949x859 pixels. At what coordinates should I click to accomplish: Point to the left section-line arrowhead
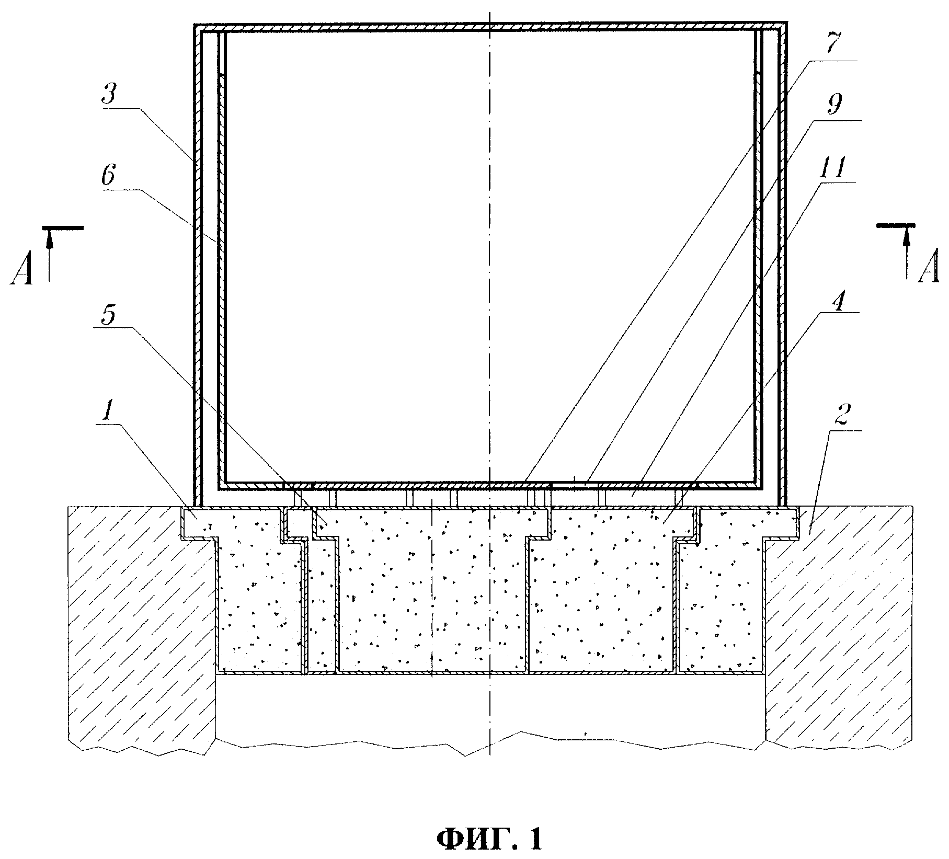click(49, 237)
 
